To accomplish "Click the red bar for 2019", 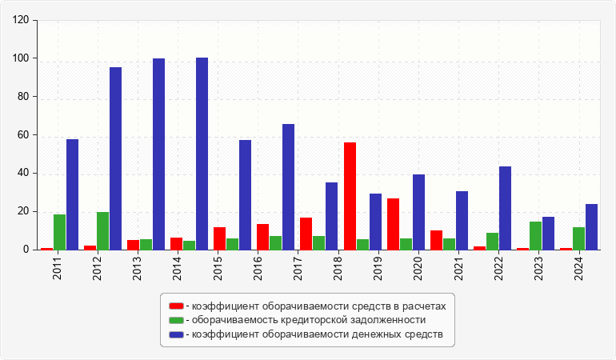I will [393, 224].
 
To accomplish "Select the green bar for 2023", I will [535, 235].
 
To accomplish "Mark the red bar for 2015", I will [219, 238].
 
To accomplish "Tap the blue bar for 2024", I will [591, 226].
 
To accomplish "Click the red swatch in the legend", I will [176, 306].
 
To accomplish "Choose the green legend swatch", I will [176, 320].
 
